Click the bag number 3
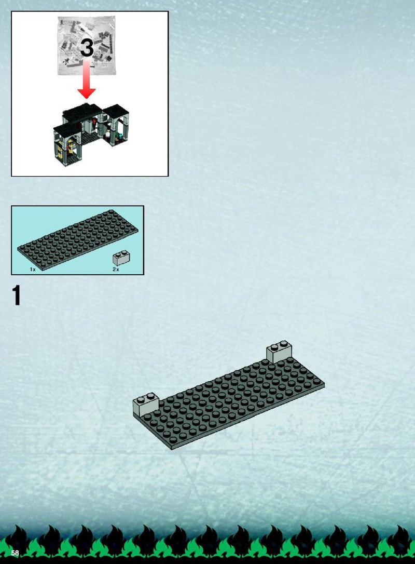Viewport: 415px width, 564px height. click(87, 47)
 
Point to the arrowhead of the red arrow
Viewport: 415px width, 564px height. click(87, 93)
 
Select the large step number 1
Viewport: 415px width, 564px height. click(17, 296)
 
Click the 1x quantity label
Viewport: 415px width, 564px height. click(33, 270)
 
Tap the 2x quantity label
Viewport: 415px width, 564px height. click(116, 270)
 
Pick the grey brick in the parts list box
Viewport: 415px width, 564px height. click(121, 258)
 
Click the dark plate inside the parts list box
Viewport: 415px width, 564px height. click(78, 239)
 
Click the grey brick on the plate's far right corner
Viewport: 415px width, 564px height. click(279, 352)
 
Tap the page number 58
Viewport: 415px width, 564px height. click(15, 553)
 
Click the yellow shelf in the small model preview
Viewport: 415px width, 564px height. click(71, 147)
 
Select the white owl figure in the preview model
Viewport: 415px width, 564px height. click(108, 135)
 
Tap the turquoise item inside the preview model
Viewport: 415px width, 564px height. click(120, 136)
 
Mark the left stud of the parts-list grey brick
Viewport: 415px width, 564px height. click(118, 254)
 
